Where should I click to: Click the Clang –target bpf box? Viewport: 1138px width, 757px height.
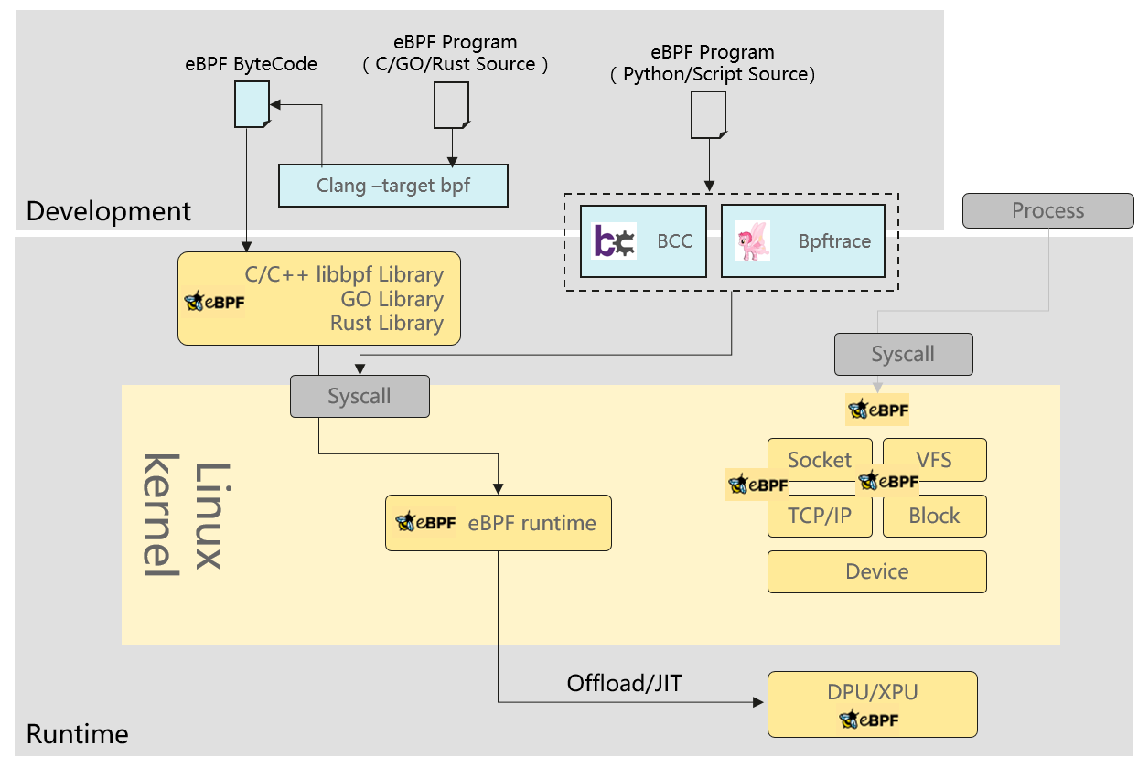click(392, 186)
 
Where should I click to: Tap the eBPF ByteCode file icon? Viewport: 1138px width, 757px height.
click(251, 103)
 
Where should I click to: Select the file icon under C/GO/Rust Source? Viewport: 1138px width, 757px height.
click(451, 104)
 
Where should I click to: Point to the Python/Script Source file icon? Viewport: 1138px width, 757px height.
click(708, 114)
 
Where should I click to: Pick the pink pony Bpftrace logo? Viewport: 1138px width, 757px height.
click(753, 241)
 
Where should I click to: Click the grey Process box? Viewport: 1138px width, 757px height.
click(1047, 210)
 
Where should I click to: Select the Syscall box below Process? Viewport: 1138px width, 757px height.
click(903, 354)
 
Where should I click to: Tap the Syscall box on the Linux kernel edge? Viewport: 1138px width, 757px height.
click(360, 396)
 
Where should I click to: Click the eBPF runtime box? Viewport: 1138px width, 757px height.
click(498, 523)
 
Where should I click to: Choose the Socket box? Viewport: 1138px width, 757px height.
click(820, 459)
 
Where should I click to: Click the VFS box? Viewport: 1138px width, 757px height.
click(934, 459)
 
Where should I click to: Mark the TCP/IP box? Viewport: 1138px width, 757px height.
click(820, 516)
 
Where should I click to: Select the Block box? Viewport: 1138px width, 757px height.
click(934, 516)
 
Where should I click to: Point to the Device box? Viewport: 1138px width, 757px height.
click(876, 571)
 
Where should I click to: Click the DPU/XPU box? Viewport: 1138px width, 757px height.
click(872, 704)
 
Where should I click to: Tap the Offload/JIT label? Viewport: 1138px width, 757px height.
click(624, 683)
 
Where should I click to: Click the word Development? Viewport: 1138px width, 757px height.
click(109, 211)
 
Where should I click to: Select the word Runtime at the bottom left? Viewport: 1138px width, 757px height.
click(78, 733)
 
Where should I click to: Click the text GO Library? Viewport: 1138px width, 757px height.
click(392, 299)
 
